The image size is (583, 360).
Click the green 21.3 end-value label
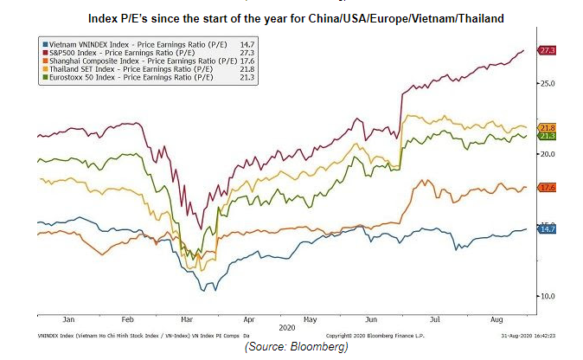pos(548,136)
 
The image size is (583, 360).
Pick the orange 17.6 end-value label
pos(548,188)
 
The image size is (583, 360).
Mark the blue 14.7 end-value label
pos(548,228)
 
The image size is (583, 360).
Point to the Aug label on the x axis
pos(497,318)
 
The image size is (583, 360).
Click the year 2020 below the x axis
pos(286,327)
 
